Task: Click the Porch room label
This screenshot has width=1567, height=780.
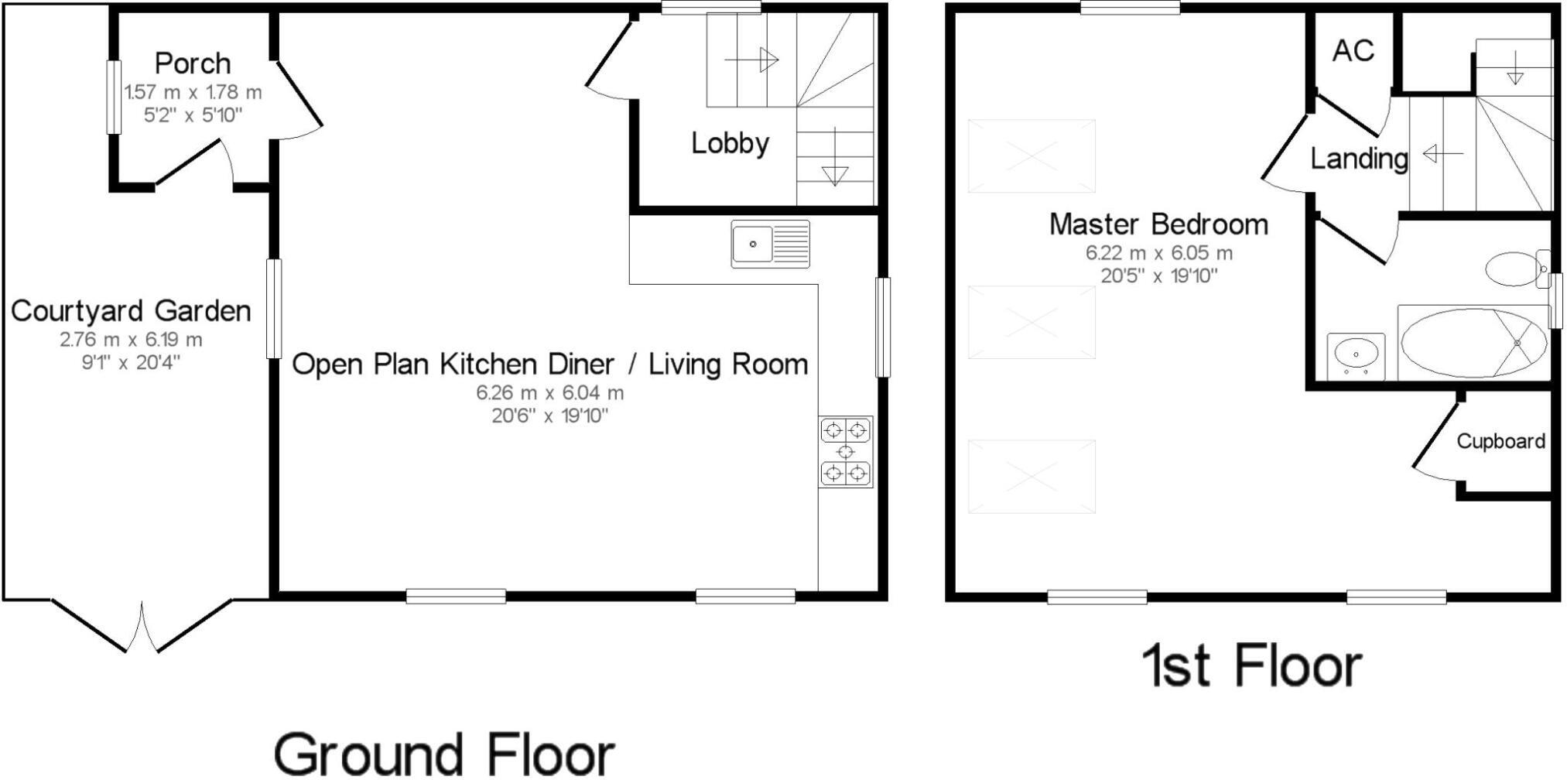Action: point(193,63)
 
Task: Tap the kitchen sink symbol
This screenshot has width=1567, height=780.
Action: point(770,245)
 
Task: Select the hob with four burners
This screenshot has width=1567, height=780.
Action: point(845,452)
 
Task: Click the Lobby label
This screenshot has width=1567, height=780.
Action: point(730,143)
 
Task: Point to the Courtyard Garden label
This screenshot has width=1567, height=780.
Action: point(131,311)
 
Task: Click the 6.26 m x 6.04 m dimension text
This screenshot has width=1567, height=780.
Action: point(549,393)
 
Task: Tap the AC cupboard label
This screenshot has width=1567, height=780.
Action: point(1353,51)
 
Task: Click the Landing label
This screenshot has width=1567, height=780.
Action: point(1358,159)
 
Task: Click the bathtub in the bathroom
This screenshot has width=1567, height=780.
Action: point(1473,343)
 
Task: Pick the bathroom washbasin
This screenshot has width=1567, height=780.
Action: point(1356,356)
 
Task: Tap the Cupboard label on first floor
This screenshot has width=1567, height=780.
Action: point(1500,441)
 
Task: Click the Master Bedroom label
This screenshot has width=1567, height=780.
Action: point(1158,224)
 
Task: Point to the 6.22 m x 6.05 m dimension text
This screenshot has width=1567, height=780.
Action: point(1158,253)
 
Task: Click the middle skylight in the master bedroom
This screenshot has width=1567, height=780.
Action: point(1032,322)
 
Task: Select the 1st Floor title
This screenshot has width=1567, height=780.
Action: point(1251,666)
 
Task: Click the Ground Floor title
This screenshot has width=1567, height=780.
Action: point(444,754)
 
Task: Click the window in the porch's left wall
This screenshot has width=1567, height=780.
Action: point(114,97)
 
